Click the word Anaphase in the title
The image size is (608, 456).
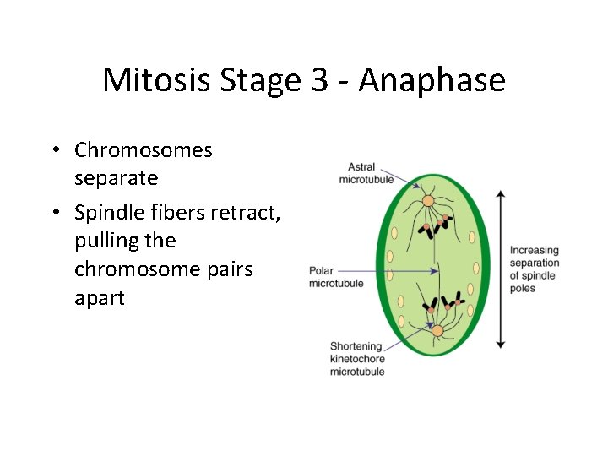point(432,81)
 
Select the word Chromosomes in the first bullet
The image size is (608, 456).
point(143,150)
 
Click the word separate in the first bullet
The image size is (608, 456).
point(116,179)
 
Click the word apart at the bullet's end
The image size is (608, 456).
point(99,298)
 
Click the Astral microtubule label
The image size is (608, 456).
point(366,173)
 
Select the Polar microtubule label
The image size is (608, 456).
point(336,277)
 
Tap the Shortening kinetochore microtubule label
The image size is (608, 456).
point(357,359)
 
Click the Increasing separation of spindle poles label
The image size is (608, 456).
point(535,269)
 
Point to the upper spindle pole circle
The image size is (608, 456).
point(428,201)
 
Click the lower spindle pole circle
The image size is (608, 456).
point(437,330)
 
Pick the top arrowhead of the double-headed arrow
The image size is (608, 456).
point(501,195)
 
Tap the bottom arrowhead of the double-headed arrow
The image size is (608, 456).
point(501,344)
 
